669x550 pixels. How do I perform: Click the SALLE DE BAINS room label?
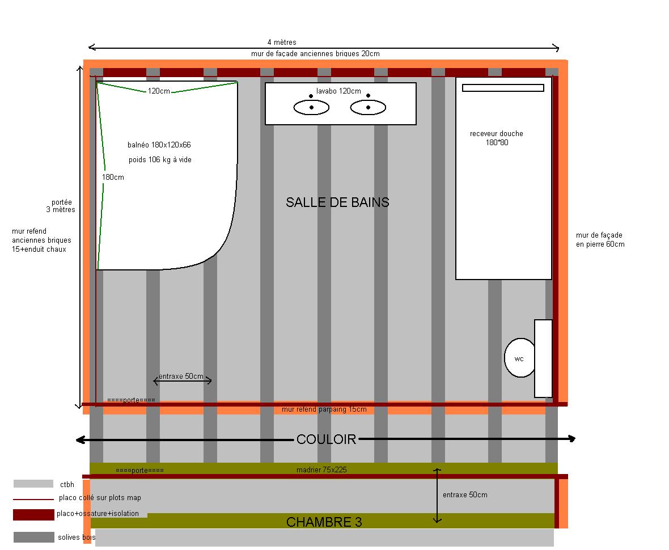337,202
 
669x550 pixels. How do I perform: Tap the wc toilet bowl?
520,358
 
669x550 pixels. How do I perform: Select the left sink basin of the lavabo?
311,108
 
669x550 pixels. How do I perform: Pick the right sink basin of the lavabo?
368,108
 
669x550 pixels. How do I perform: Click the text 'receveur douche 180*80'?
497,138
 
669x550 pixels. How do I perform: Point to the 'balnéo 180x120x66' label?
159,145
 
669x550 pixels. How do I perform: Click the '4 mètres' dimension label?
282,42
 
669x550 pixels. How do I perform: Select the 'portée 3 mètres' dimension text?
61,206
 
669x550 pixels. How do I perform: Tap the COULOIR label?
327,439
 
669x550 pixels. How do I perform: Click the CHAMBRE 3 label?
324,522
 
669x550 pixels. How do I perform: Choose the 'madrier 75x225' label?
321,470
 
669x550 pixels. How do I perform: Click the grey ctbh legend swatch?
33,484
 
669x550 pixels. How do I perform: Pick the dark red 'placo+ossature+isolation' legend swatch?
33,515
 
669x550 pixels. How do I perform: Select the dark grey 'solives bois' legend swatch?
33,537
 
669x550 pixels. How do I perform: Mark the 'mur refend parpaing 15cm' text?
324,409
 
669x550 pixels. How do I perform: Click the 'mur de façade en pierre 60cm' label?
600,239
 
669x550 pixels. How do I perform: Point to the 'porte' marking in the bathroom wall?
131,400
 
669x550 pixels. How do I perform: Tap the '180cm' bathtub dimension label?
113,177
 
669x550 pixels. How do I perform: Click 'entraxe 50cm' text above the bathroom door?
181,376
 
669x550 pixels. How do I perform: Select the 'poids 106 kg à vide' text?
160,159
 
